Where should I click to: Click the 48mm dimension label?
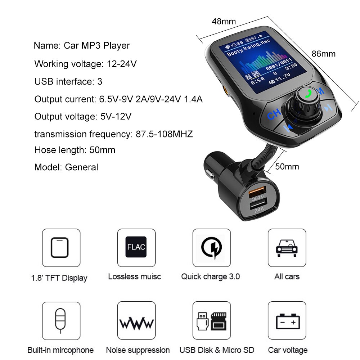coord(224,22)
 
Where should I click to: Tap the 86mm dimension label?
coord(323,54)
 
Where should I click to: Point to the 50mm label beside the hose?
coord(287,167)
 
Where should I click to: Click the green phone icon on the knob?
coord(308,94)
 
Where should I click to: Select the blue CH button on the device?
coord(274,114)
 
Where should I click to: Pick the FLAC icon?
coord(136,247)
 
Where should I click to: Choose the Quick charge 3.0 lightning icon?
coord(211,247)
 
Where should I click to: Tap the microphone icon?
coord(61,320)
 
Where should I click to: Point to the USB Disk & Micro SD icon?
coord(211,321)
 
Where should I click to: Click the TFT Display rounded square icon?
coord(61,247)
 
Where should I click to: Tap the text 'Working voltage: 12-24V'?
coord(85,64)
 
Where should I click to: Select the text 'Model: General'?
coord(66,167)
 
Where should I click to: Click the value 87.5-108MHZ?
coord(164,134)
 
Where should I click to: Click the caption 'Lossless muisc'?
coord(134,276)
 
